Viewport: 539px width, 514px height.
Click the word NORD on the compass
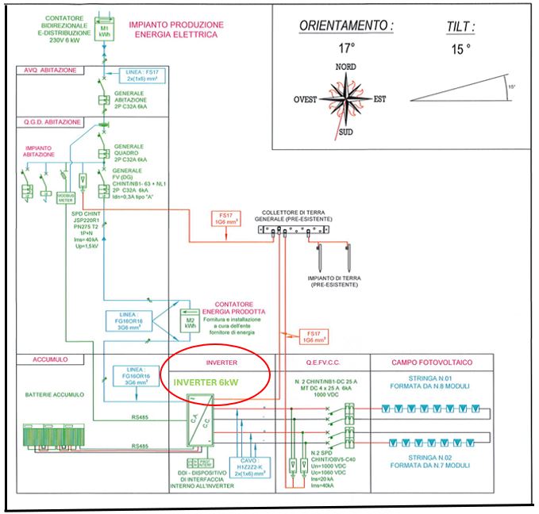pos(345,67)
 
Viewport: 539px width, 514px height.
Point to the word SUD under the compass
pos(345,132)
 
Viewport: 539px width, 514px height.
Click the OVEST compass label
pos(305,99)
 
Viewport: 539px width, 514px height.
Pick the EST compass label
pos(379,99)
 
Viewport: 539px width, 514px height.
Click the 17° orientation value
pos(346,47)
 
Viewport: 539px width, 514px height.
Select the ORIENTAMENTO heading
pos(346,25)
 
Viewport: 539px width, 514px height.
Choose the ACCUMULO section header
pos(38,359)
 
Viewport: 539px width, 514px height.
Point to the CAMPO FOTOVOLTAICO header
pos(433,362)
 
